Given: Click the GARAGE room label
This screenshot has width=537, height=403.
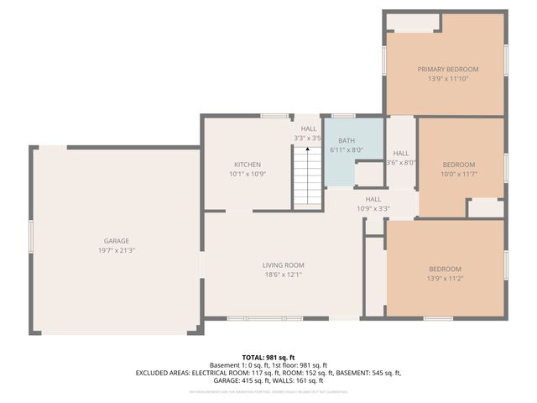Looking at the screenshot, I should tap(116, 241).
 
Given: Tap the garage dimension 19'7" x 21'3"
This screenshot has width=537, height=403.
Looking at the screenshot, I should tap(116, 250).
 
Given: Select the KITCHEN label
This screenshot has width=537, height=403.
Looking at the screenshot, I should tap(247, 165).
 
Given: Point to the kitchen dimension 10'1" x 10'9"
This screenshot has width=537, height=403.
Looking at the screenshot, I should tap(247, 174).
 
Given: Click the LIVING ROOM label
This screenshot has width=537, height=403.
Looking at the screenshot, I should tap(283, 265).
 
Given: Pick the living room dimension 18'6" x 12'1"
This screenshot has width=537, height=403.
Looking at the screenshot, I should tap(283, 275).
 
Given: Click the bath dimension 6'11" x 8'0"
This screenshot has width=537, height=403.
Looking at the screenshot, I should tap(346, 149).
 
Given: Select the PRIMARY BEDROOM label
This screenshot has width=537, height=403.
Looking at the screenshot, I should tap(448, 69).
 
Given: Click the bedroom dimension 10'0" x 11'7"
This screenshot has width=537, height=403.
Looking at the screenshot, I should tap(459, 174).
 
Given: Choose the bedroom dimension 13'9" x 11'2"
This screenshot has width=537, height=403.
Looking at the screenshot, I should tap(445, 278).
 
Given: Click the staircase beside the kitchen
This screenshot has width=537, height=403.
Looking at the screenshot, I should tap(308, 175).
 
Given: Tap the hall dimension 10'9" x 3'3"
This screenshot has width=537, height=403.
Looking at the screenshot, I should tap(373, 208).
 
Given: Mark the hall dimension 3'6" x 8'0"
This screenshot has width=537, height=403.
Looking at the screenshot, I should tap(401, 163).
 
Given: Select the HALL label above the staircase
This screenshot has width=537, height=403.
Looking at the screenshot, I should tap(309, 128).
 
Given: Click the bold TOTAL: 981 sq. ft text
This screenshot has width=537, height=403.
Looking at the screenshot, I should tap(268, 357).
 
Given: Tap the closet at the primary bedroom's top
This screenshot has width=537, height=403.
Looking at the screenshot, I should tap(414, 22).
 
